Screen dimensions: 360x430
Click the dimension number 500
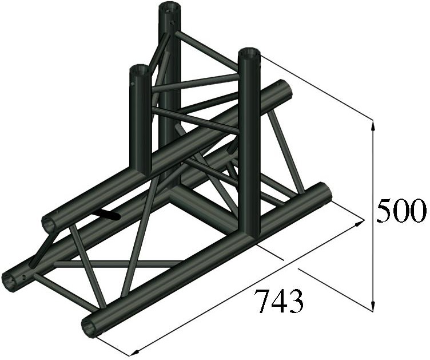[x=401, y=212]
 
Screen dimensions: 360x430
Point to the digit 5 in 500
[x=385, y=212]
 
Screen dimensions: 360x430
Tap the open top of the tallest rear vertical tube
[x=169, y=8]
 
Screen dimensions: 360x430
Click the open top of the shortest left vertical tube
[x=139, y=71]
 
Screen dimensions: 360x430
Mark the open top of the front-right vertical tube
[x=249, y=54]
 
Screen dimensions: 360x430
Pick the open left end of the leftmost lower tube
[x=10, y=280]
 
